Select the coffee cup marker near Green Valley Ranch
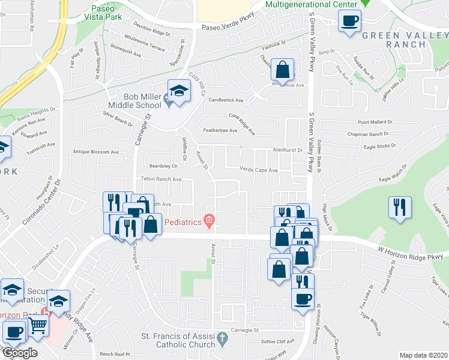(349, 22)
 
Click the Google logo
(19, 353)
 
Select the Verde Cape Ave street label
(259, 170)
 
